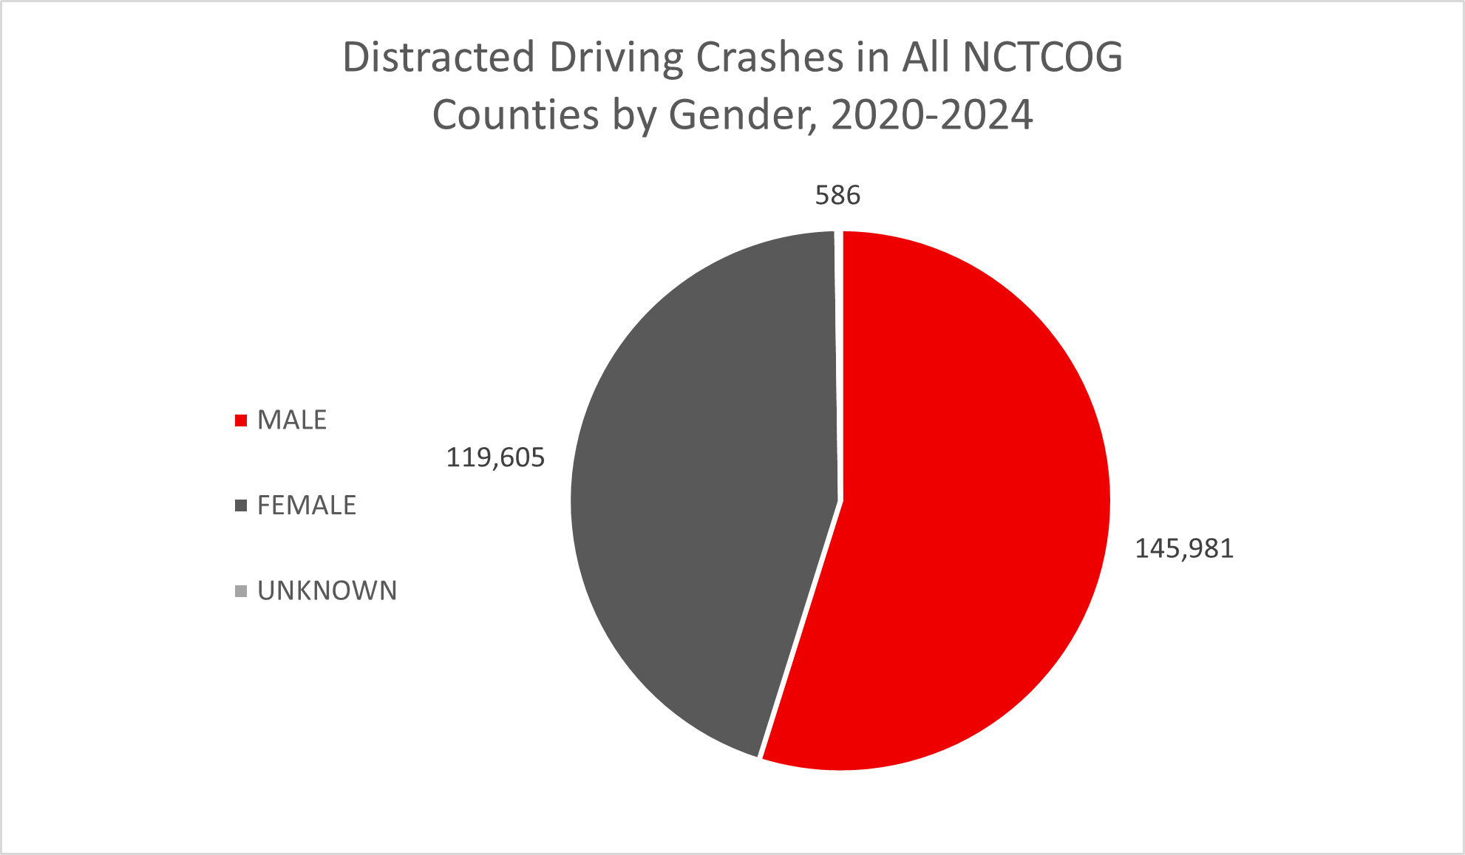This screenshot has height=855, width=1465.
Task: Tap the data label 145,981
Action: (1184, 549)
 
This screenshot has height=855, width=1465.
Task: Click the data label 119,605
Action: (495, 458)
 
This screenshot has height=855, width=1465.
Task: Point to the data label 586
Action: (837, 195)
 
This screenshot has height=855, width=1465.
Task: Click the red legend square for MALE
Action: (240, 420)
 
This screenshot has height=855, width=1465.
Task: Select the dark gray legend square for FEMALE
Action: (240, 505)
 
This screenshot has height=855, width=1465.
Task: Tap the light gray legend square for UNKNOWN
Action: (240, 591)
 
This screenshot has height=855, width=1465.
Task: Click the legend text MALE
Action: (292, 420)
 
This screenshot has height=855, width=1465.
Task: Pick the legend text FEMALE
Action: (307, 505)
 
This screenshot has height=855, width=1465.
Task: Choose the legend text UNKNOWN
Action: (327, 591)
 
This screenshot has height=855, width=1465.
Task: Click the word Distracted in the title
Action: (438, 58)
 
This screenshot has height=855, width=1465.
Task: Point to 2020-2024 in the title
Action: (932, 116)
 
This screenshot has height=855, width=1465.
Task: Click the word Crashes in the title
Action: (769, 58)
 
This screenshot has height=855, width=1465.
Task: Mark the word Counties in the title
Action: (515, 116)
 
